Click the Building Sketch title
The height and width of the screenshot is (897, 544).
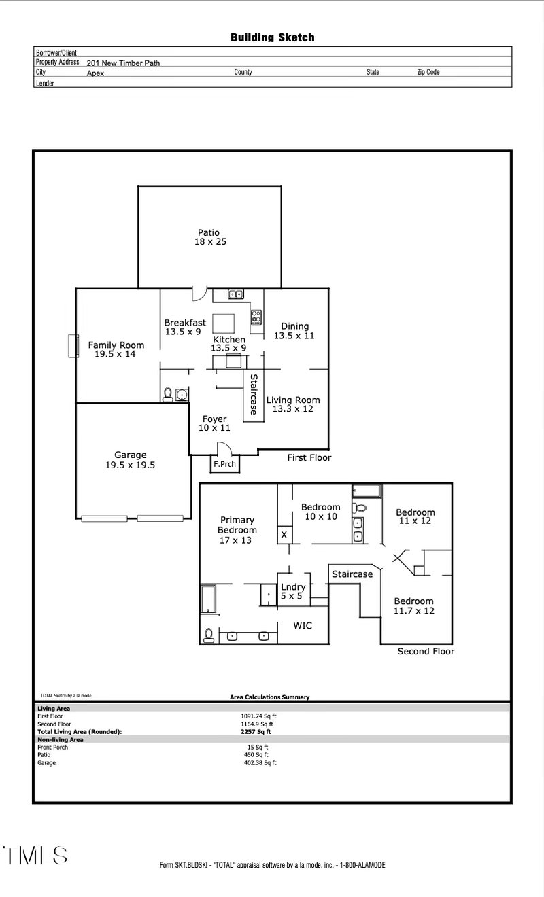(x=272, y=37)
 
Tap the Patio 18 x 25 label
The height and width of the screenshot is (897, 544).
(x=209, y=237)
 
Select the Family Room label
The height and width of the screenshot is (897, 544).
(x=116, y=349)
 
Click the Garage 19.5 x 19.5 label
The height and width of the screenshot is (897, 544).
(x=130, y=460)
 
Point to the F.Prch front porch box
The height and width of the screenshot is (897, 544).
(x=224, y=465)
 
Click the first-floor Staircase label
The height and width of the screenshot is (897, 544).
(x=254, y=394)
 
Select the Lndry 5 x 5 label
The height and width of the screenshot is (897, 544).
(x=293, y=591)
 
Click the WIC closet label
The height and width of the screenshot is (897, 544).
(x=303, y=625)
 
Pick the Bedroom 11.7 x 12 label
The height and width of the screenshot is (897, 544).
(x=414, y=605)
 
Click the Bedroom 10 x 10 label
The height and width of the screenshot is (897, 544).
(x=320, y=512)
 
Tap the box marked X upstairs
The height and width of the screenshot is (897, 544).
(x=284, y=535)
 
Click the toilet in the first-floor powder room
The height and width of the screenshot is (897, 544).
(x=167, y=394)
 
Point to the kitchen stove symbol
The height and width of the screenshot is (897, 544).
(x=256, y=317)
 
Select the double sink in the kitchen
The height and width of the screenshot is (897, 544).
(x=236, y=295)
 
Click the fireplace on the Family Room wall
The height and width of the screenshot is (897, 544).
(x=71, y=345)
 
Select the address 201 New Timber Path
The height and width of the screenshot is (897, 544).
(x=123, y=63)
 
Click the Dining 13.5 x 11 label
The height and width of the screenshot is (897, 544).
(x=294, y=331)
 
